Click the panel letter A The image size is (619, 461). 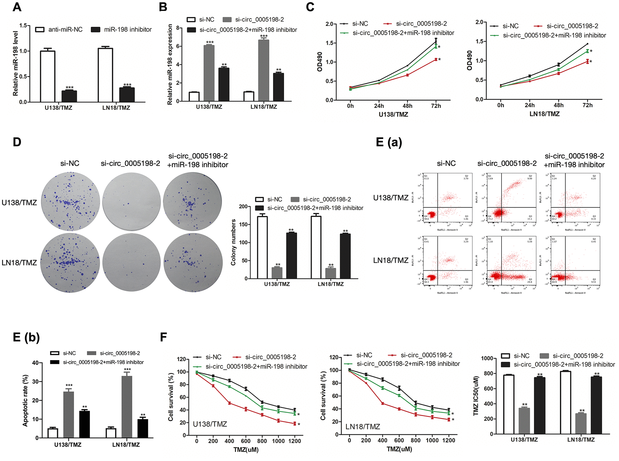pos(17,7)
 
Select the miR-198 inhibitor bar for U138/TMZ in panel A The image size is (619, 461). pos(69,96)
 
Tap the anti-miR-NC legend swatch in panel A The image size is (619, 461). pos(40,30)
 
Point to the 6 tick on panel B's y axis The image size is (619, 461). pos(178,46)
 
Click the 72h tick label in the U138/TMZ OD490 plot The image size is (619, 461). pos(436,106)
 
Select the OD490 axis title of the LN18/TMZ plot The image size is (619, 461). pos(470,60)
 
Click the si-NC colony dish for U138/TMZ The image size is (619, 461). pos(70,201)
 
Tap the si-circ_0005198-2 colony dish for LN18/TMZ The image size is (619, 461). pos(131,262)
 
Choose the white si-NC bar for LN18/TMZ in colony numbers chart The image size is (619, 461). pos(316,247)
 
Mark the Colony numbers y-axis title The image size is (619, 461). pos(233,242)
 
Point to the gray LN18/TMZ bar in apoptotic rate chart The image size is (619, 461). pos(127,407)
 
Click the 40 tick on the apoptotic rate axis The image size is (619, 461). pos(35,363)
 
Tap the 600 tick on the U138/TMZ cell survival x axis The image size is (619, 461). pos(246,441)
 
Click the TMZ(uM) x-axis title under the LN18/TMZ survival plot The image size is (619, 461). pos(399,449)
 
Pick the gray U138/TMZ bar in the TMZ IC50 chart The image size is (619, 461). pos(524,421)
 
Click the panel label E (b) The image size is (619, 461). pos(26,337)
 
